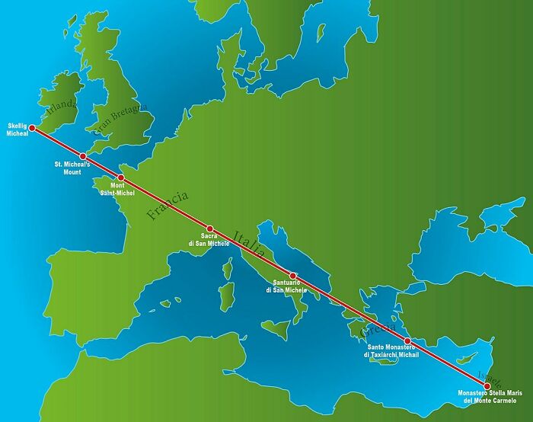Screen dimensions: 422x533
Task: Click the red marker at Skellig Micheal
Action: (x=32, y=128)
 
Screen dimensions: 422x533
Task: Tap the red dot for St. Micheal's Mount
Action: (x=83, y=156)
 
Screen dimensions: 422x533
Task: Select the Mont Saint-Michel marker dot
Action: (x=121, y=177)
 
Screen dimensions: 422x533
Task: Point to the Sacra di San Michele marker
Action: (x=210, y=229)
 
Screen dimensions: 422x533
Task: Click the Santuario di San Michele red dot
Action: (x=293, y=275)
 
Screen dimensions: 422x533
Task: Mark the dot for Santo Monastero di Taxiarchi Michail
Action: (x=407, y=340)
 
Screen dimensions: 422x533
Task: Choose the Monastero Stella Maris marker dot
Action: (x=488, y=385)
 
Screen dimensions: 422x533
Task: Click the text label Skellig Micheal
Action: (x=18, y=129)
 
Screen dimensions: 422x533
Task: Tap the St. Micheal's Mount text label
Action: (x=72, y=168)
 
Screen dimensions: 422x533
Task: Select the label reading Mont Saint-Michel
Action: (x=118, y=190)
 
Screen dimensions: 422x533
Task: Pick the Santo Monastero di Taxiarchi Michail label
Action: (x=393, y=351)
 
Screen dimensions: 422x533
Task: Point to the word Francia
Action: (x=168, y=206)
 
